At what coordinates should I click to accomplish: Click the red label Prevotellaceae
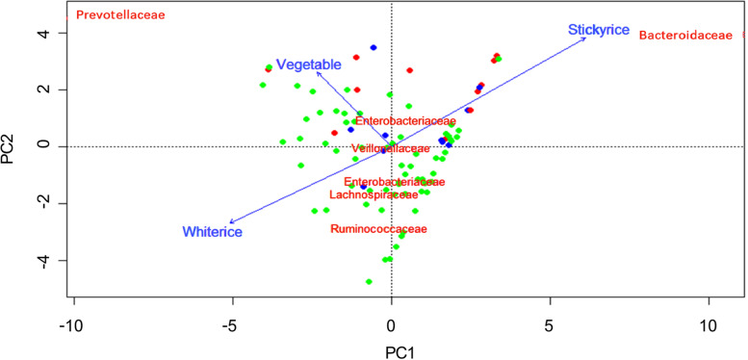[120, 16]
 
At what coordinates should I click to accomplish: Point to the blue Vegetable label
[309, 64]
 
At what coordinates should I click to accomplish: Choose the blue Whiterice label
[212, 231]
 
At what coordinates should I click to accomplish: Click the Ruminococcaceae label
[377, 229]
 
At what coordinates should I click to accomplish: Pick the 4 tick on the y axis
[31, 33]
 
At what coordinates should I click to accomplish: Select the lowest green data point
[369, 282]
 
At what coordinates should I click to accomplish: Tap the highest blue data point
[374, 47]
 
